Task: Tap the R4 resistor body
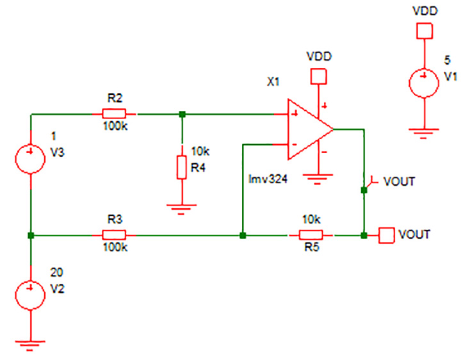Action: coord(182,167)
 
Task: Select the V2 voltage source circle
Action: coord(30,295)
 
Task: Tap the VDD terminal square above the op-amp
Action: coord(318,77)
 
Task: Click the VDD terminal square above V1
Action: coord(423,30)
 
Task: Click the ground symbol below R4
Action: coord(182,208)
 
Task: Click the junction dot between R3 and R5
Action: coord(242,235)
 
